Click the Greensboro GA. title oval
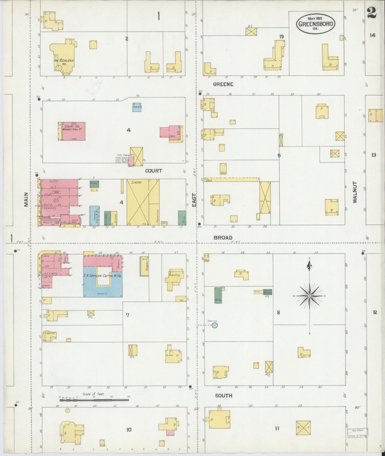click(x=316, y=23)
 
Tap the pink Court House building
click(x=73, y=131)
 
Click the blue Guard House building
click(x=137, y=107)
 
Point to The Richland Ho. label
click(x=64, y=62)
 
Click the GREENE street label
click(x=223, y=84)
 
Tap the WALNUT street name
click(x=355, y=192)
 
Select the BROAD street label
click(x=223, y=238)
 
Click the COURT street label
click(x=153, y=171)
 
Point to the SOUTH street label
click(x=224, y=396)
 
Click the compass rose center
click(x=309, y=296)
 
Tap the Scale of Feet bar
click(x=94, y=400)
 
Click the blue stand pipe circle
click(x=214, y=325)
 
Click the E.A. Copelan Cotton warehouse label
click(x=103, y=276)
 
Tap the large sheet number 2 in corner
click(x=371, y=13)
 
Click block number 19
click(x=281, y=36)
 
